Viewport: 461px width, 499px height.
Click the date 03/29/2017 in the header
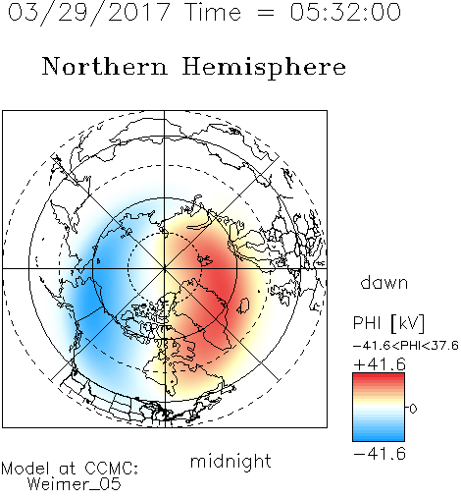(88, 13)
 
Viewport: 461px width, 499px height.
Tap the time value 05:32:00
(345, 12)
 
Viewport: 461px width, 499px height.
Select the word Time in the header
(213, 12)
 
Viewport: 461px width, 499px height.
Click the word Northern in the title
(104, 66)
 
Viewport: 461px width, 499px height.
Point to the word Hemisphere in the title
(264, 68)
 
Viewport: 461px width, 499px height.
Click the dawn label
(384, 282)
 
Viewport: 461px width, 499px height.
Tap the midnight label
(230, 462)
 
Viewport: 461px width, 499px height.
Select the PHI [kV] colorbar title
(388, 323)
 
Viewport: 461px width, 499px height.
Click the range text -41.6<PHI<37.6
(406, 345)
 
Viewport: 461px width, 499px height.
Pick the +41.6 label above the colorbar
(380, 364)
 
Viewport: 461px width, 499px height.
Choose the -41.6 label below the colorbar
(380, 454)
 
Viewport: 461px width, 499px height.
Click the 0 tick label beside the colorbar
(413, 409)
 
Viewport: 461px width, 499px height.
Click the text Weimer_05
(75, 484)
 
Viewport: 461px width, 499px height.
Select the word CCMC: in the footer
(112, 469)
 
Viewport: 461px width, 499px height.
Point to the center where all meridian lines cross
(165, 268)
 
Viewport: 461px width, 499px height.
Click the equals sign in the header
(266, 13)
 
